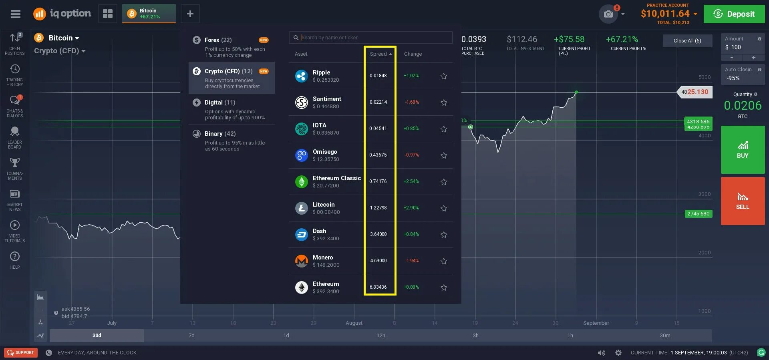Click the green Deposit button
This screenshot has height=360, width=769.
click(734, 14)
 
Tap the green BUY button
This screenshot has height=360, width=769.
click(743, 150)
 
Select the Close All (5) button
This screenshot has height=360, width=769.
click(687, 40)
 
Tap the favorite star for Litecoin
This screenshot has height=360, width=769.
click(443, 208)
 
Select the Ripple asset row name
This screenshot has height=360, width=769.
click(321, 72)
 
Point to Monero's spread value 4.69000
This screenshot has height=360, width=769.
click(378, 261)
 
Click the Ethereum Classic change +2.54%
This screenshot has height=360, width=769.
click(411, 181)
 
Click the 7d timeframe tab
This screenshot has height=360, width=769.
click(191, 336)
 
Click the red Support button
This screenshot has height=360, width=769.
click(21, 352)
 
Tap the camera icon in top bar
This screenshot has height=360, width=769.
click(608, 14)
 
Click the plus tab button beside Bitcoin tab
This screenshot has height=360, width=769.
click(190, 14)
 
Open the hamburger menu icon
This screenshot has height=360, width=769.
click(16, 14)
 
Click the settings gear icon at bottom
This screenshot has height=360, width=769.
click(618, 353)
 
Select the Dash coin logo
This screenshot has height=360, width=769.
click(301, 235)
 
